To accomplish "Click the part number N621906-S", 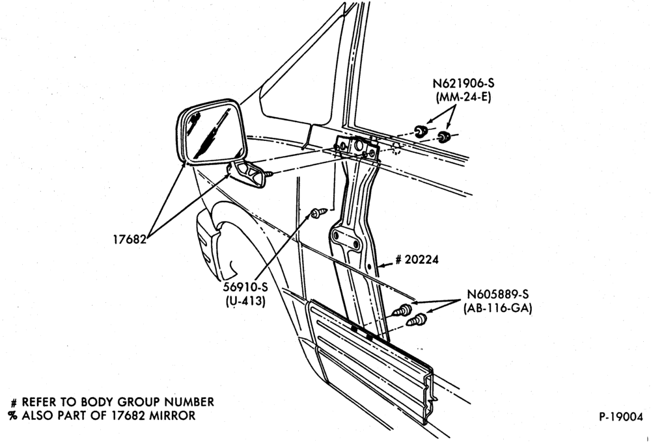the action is (x=464, y=83).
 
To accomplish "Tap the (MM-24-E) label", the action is (x=464, y=98).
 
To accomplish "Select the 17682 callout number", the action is (x=130, y=239).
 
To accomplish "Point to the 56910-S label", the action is (x=245, y=287).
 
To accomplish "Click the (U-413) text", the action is (x=245, y=301).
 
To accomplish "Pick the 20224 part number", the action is (x=421, y=259).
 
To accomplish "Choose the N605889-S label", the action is (x=498, y=294).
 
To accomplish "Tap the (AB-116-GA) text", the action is (x=498, y=309).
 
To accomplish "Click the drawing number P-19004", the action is (x=620, y=417).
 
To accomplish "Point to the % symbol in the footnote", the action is (x=13, y=415).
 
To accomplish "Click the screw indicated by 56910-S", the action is (x=318, y=213).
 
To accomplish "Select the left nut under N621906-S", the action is (x=421, y=131).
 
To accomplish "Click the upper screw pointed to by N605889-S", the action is (x=403, y=310).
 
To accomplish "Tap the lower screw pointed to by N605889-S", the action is (x=417, y=320).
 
